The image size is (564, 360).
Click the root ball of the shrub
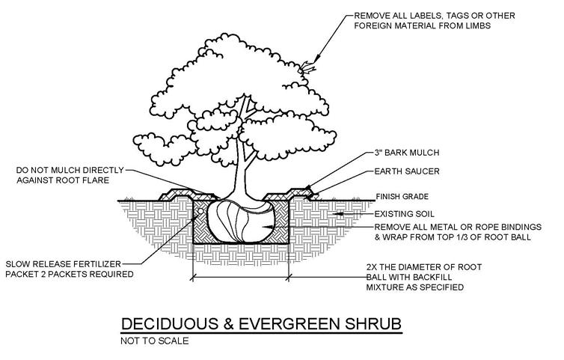click(239, 222)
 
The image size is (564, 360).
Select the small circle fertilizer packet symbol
click(200, 210)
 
